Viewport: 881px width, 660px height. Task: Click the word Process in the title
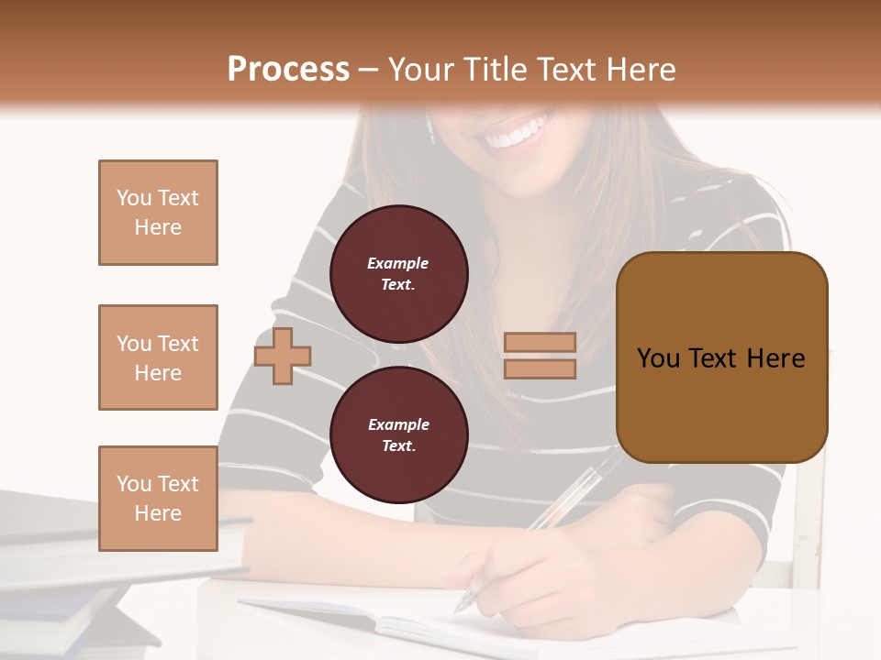pos(288,70)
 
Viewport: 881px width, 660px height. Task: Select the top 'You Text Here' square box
pos(158,213)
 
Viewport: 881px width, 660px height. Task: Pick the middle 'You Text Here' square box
pos(158,357)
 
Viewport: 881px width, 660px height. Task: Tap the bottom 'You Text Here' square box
pos(158,498)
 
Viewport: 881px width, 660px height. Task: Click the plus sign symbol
pos(283,356)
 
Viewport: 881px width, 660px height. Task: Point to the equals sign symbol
pos(540,356)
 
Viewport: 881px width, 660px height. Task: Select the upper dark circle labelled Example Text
pos(398,273)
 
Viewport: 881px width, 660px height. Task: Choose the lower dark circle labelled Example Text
pos(398,434)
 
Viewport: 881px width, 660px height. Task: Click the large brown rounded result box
pos(721,357)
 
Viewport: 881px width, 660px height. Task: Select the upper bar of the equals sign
pos(540,343)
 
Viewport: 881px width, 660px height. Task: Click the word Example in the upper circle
pos(397,263)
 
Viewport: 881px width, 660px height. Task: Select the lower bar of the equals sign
pos(540,368)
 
